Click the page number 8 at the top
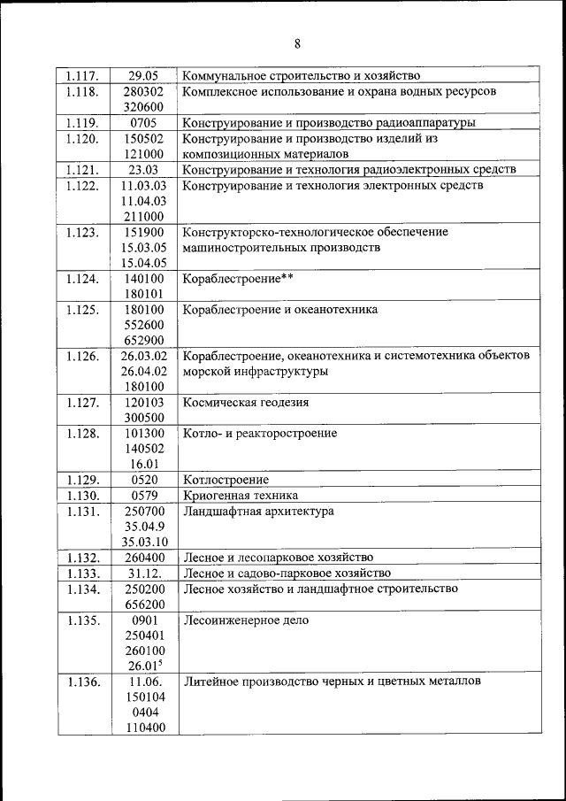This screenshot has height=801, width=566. (298, 43)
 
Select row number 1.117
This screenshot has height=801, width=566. (85, 76)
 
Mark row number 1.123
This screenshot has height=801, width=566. (85, 233)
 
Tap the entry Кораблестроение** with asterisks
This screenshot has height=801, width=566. (237, 280)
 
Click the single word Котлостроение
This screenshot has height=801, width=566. (226, 480)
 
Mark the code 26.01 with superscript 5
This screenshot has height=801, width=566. (143, 666)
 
